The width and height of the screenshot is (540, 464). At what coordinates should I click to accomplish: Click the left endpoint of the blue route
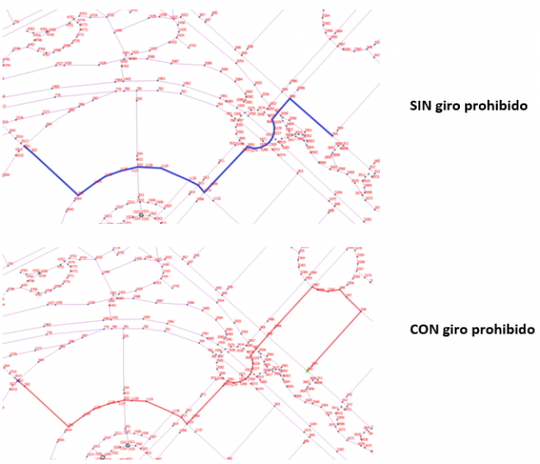point(22,147)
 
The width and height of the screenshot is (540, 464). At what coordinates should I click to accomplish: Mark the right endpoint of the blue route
point(332,136)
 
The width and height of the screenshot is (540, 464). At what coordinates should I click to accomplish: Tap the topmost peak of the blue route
point(290,98)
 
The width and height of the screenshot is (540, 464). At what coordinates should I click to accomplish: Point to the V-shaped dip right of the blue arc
point(204,191)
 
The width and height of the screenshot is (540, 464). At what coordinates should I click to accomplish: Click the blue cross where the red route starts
point(17,382)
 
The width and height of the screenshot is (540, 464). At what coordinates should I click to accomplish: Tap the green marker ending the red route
point(308,370)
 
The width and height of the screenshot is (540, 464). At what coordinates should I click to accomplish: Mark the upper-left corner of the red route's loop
point(310,289)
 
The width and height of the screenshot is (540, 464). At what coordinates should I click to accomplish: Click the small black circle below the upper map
point(141,215)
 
